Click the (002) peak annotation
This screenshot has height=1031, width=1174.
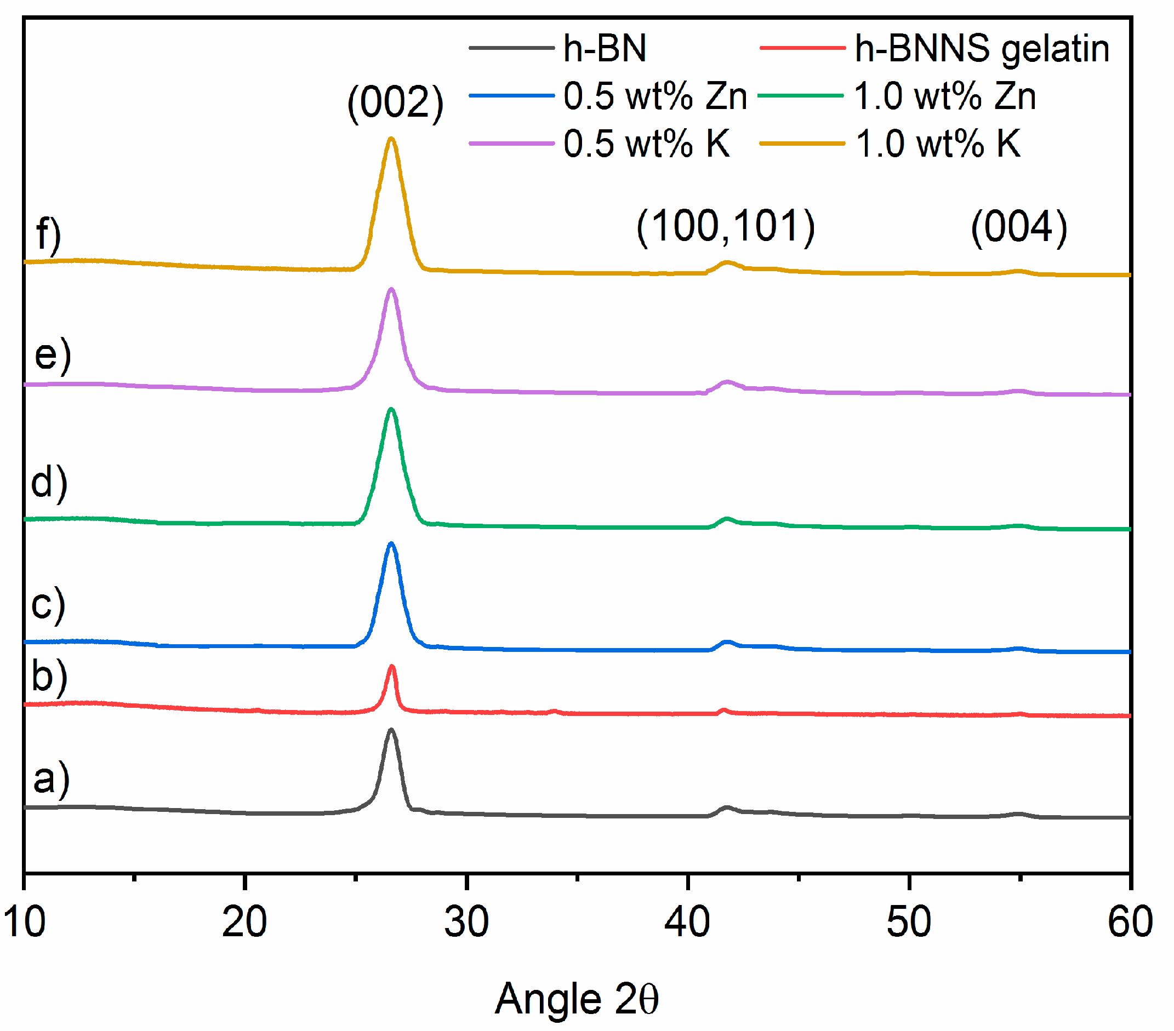[395, 103]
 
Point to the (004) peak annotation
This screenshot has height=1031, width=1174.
[1018, 227]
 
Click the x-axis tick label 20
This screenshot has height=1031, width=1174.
[244, 922]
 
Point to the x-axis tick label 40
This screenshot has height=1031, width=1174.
[687, 922]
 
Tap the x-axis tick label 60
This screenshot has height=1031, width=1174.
[1130, 922]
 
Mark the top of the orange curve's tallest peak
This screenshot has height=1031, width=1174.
[391, 139]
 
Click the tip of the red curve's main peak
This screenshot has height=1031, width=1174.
[392, 667]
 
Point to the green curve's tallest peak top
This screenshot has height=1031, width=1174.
[391, 410]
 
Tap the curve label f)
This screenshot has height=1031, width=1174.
[48, 234]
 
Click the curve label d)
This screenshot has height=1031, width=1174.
[49, 483]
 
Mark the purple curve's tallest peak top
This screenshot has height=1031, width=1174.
[391, 290]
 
